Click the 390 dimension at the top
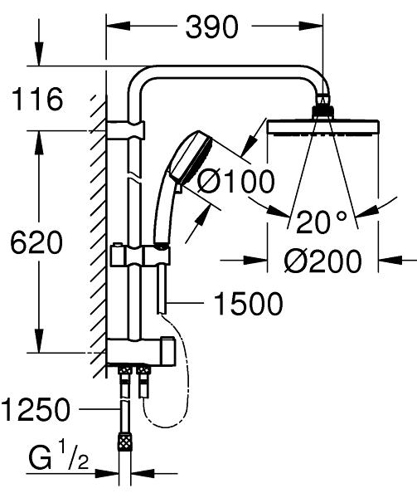[212, 27]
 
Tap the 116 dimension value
[37, 99]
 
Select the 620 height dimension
[36, 242]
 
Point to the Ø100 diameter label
[236, 182]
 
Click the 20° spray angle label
[321, 222]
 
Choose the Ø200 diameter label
[322, 261]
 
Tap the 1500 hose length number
[248, 304]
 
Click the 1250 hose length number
[36, 409]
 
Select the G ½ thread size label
[59, 457]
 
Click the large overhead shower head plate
[323, 128]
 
